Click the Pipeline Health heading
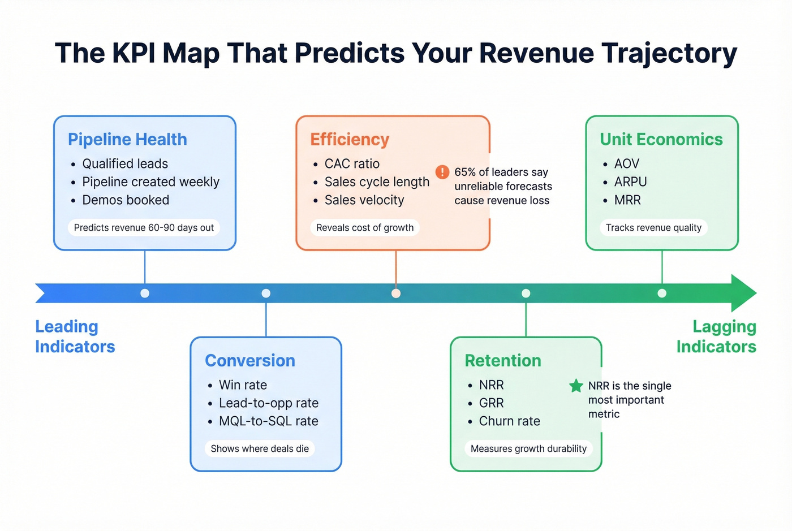coord(127,139)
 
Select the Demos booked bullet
coord(125,200)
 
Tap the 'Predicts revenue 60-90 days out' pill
coord(144,228)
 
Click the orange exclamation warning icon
coord(442,172)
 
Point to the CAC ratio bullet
coord(351,164)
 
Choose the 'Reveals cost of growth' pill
coord(365,228)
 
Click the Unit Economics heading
coord(661,139)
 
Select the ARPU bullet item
coord(630,182)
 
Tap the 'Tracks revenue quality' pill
coord(653,228)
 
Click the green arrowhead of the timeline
coord(743,293)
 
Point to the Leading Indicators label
coord(75,336)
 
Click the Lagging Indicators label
coord(717,336)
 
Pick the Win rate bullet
coord(243,385)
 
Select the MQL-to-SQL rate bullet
coord(268,421)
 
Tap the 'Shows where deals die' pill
coord(260,449)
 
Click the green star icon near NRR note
coord(576,386)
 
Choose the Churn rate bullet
coord(509,421)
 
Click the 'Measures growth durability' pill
coord(528,449)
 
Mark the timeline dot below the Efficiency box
coord(396,293)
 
